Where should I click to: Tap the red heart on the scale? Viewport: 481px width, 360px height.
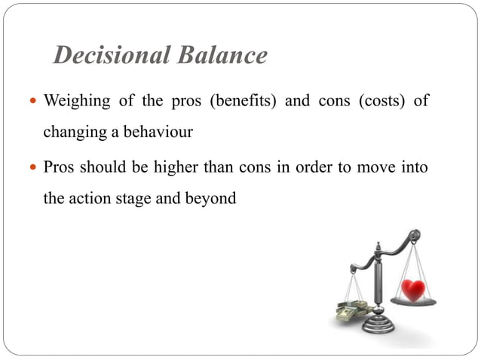click(x=412, y=288)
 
